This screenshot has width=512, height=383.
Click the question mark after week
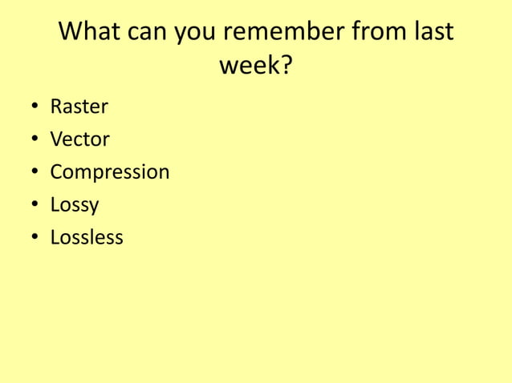coord(285,65)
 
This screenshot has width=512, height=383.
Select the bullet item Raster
coord(79,107)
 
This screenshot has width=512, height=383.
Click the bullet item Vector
coord(79,139)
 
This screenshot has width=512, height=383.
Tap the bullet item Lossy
coord(75,205)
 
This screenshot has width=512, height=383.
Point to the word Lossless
coord(87,238)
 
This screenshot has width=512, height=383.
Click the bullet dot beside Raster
coord(35,107)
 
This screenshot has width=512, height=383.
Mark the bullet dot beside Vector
coord(35,140)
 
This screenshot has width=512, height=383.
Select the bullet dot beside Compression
coord(35,173)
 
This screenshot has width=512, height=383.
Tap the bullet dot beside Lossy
coord(35,206)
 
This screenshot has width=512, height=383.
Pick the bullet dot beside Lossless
coord(35,239)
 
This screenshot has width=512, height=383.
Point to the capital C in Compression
coord(56,172)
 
